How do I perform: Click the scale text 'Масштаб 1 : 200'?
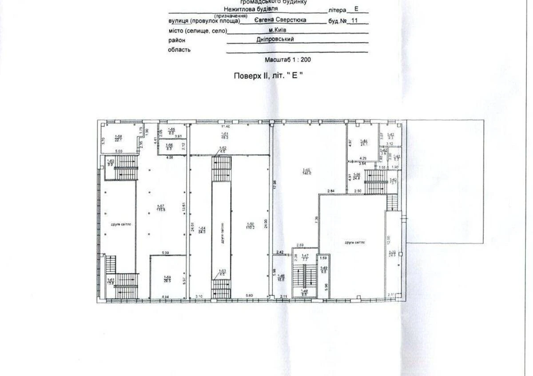(288, 59)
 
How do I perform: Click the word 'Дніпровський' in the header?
(275, 39)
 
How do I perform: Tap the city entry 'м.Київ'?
(278, 30)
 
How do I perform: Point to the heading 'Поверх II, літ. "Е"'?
(268, 76)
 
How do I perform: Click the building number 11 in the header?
(354, 20)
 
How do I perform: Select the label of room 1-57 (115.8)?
(161, 208)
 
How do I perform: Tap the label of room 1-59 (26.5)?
(167, 279)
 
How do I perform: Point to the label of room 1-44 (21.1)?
(363, 142)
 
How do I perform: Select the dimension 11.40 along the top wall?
(227, 126)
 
